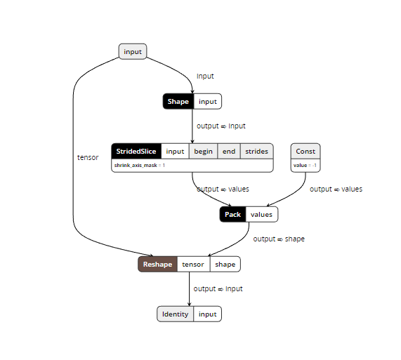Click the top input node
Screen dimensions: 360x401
tap(133, 51)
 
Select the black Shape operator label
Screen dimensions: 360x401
tap(178, 102)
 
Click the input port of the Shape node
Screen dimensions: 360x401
tap(208, 102)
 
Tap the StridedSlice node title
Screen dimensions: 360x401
tap(136, 151)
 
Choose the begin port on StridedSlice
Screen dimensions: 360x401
tap(203, 151)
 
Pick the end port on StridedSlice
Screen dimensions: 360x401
tap(229, 151)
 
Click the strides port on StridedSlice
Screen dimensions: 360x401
tap(256, 151)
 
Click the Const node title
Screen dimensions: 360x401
tap(305, 151)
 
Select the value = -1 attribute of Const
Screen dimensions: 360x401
tap(305, 165)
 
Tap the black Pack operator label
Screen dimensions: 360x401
tap(232, 215)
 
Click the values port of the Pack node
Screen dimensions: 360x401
tap(261, 215)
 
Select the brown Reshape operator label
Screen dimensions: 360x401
tap(157, 265)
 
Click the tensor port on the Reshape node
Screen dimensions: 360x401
tap(193, 265)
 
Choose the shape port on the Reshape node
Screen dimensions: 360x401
tap(225, 265)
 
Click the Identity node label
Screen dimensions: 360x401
tap(176, 314)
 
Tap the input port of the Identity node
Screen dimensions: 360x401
tap(208, 314)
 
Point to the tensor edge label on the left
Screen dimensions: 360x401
tap(88, 157)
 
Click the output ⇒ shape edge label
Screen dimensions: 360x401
tap(279, 239)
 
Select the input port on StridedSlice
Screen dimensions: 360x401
tap(175, 151)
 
